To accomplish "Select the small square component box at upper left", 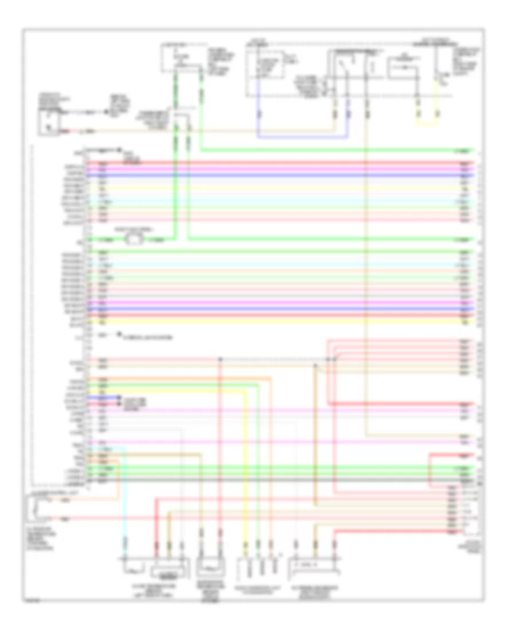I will click(50, 122).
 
